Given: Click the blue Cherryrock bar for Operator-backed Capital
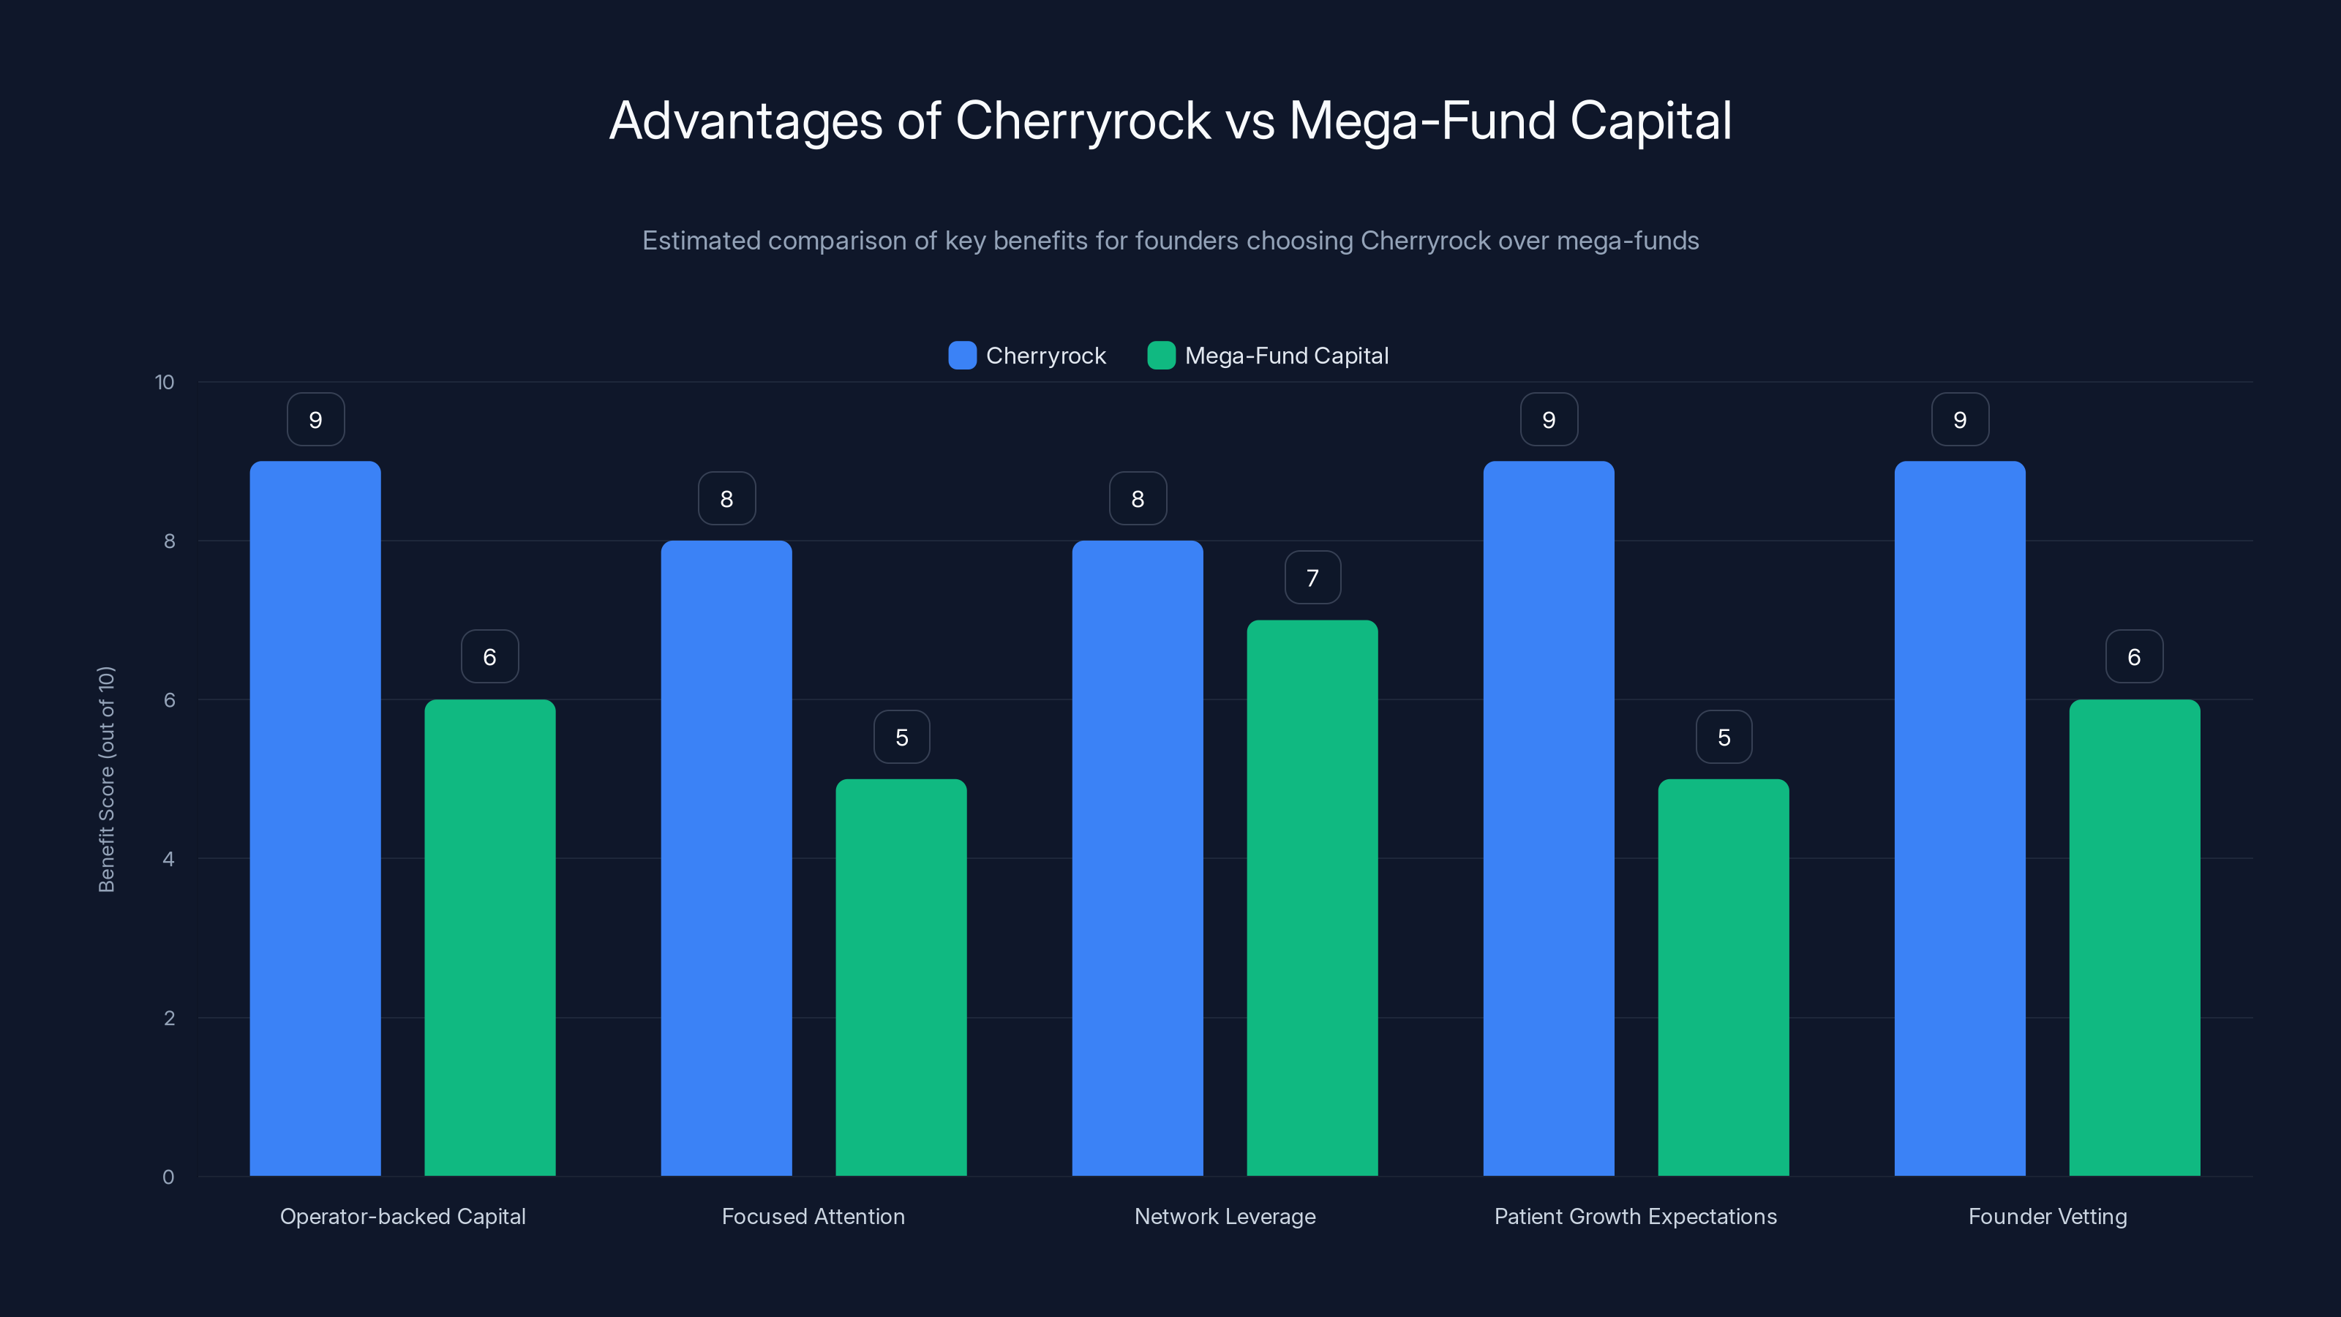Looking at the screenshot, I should pos(315,818).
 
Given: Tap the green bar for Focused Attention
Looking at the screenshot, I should pos(901,977).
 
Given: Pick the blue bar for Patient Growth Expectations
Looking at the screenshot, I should pos(1549,818).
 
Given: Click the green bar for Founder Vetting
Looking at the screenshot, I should pos(2134,937).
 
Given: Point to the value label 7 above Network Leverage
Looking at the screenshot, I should pos(1312,578).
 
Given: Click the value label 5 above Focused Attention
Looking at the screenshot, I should pos(901,737).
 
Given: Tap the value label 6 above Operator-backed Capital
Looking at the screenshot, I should pos(490,657).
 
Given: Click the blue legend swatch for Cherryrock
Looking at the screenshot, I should pos(961,356).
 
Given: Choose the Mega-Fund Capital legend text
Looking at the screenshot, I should pos(1286,356).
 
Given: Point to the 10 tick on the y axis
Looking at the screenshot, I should pos(165,383).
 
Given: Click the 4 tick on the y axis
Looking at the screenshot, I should pos(168,859).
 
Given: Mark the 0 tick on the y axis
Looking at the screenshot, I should pos(168,1177).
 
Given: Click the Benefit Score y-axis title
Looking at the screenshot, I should pos(106,779).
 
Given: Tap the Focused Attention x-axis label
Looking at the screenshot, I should pos(813,1216).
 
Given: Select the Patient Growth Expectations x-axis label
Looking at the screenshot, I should pos(1635,1216).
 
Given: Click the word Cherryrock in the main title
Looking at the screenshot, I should pos(1083,121).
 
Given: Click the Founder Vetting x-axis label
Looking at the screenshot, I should pos(2047,1216).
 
